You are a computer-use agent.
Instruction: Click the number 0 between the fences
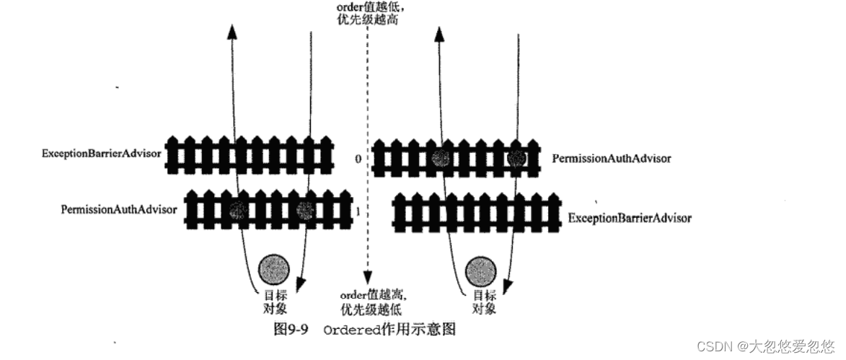358,157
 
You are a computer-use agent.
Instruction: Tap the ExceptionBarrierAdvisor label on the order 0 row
102,154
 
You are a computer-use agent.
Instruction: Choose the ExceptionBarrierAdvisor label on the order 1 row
630,217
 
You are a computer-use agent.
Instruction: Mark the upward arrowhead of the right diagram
439,35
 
